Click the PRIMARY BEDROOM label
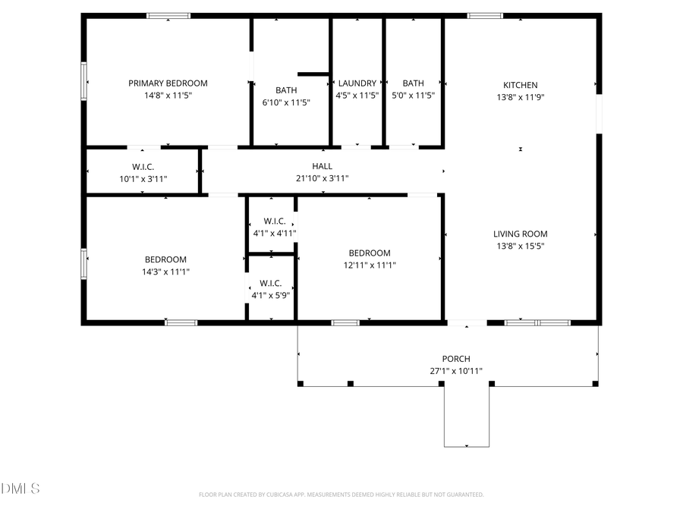coord(168,83)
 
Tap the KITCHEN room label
coord(521,85)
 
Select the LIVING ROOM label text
coord(521,234)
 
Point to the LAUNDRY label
coord(357,83)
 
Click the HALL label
coord(322,166)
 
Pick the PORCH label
coord(456,359)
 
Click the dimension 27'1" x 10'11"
coord(456,371)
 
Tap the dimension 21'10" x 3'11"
coord(322,178)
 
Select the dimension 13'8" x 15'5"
coord(521,246)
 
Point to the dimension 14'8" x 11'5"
coord(168,96)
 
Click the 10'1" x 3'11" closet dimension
coord(143,178)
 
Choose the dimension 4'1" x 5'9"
coord(271,295)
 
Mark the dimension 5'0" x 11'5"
coord(414,96)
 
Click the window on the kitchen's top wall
coord(485,15)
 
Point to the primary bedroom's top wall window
coord(168,15)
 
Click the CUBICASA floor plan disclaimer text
coord(341,495)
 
